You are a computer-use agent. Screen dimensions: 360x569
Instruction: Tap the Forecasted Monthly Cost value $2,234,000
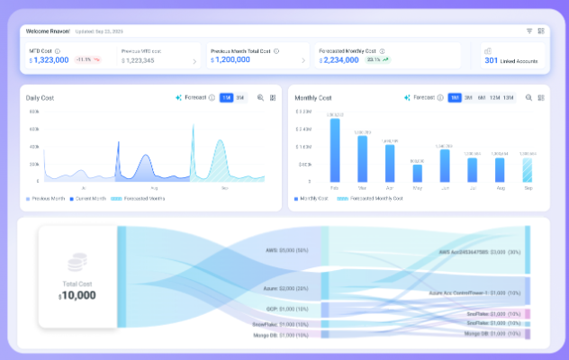click(348, 60)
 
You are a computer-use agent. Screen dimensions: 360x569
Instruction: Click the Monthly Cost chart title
click(313, 97)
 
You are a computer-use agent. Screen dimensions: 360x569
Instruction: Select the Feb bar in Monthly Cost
click(335, 151)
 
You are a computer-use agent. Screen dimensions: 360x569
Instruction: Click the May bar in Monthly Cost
click(417, 173)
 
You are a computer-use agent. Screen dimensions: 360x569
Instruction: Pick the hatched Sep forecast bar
click(527, 170)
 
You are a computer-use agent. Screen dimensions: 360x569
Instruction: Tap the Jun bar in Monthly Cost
click(445, 166)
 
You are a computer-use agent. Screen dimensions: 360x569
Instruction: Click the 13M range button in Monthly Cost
click(509, 97)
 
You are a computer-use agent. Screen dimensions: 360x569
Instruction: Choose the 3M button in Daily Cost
click(239, 97)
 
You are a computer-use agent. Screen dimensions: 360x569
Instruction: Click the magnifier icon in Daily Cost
click(260, 97)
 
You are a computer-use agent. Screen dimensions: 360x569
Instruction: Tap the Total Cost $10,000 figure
click(77, 295)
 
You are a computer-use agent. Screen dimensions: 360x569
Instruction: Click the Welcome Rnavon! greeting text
click(49, 31)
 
